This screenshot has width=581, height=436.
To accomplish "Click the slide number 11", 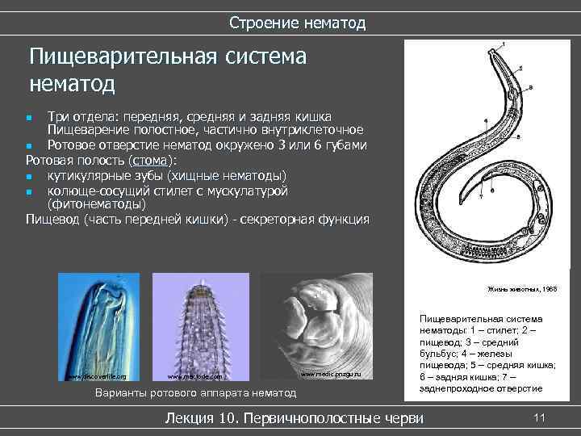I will tap(540, 417).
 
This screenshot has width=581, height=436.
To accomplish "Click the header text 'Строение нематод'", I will tap(297, 23).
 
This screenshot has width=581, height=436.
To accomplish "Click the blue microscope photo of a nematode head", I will tap(98, 327).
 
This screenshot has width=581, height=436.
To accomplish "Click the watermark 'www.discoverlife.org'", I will tap(97, 376).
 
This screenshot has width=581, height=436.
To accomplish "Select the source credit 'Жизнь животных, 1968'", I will tap(521, 289).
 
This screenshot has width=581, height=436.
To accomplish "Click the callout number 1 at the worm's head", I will tap(504, 44).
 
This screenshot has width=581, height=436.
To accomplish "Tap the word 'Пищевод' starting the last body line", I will tap(52, 219).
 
